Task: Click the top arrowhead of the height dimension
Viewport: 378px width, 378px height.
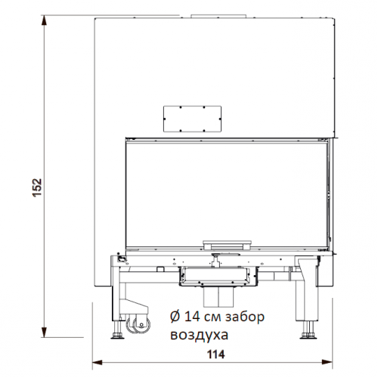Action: click(46, 23)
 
